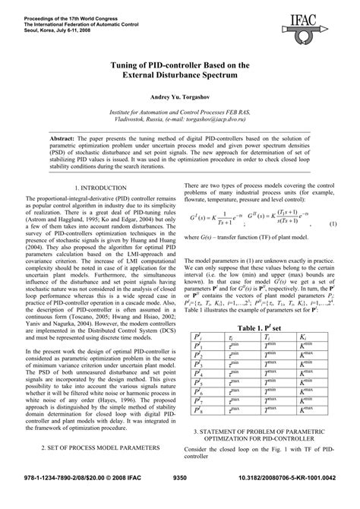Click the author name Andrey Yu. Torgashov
point(180,99)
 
